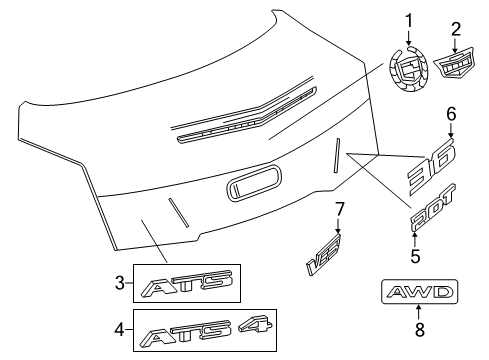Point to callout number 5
[x=415, y=256]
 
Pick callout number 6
[x=451, y=113]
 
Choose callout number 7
[x=338, y=208]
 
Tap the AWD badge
[x=419, y=292]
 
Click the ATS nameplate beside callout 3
[x=186, y=284]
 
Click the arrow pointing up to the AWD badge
[x=419, y=310]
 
